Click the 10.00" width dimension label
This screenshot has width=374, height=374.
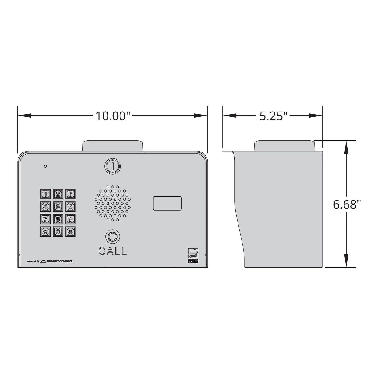[x=112, y=116]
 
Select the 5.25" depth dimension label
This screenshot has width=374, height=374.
[x=273, y=116]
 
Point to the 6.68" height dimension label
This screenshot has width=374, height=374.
[x=347, y=204]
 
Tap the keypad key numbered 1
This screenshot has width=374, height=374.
[x=45, y=194]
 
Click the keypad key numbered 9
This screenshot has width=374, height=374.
[x=70, y=219]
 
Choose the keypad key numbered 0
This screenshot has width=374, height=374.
[x=58, y=232]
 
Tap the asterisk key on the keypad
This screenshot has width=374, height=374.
[x=45, y=232]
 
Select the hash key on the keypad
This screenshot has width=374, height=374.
[x=70, y=232]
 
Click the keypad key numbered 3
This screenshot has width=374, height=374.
[x=70, y=194]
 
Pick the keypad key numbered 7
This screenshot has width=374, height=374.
[x=45, y=219]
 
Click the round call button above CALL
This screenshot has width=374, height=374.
[x=113, y=237]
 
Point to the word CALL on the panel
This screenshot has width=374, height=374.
[x=113, y=251]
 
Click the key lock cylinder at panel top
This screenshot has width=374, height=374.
[x=112, y=166]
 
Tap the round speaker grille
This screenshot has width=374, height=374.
[x=113, y=203]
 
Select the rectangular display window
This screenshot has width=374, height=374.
[x=167, y=204]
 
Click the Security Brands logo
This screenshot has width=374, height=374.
[x=193, y=255]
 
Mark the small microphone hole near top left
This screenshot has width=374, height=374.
[x=45, y=166]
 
